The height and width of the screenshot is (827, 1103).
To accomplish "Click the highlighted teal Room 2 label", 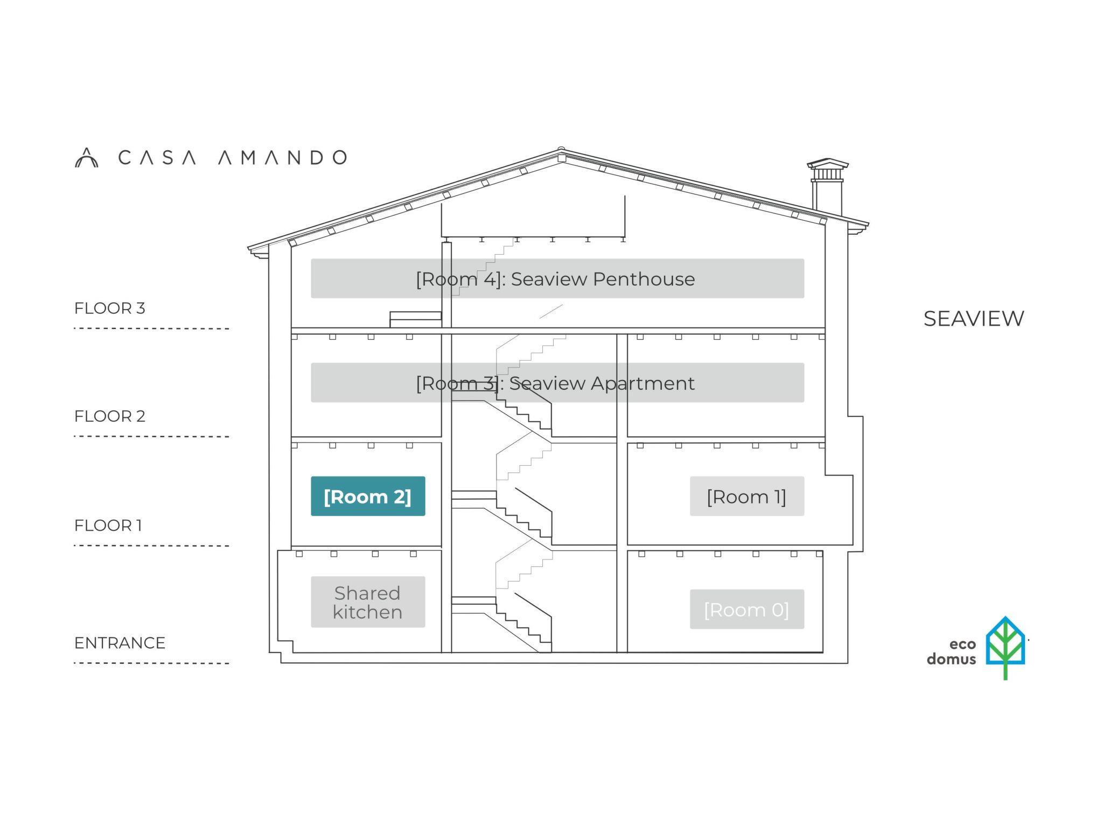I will tap(368, 496).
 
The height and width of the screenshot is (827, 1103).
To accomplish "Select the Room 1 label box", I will tap(746, 496).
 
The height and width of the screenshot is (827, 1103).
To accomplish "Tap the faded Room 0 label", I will tap(746, 609).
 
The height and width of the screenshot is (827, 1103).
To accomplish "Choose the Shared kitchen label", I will tap(368, 602).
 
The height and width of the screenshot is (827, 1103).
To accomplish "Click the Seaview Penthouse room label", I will tap(557, 278).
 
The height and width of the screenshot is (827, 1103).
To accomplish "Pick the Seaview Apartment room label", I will tap(557, 383).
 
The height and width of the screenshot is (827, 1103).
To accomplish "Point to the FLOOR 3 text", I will tap(110, 308).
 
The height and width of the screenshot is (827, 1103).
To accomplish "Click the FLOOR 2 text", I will tap(110, 416).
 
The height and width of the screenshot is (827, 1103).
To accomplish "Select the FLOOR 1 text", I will tap(108, 525).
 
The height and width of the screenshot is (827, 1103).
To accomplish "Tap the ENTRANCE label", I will tap(120, 642).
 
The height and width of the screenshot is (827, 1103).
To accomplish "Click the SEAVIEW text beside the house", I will tap(974, 318).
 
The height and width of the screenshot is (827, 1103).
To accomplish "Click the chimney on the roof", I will tap(827, 186).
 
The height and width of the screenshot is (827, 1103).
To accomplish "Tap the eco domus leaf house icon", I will tap(1005, 647).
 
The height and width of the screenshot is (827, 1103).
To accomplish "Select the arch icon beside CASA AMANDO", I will tap(86, 158).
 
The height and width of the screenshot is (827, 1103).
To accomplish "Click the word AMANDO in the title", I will tap(283, 158).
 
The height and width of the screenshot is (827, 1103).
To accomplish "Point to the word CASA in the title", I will tap(157, 158).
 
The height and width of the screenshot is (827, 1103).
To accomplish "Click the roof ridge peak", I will tap(561, 151).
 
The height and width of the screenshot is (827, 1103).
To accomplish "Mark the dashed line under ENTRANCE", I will tap(151, 663).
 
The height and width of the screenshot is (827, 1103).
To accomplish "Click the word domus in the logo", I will tap(951, 659).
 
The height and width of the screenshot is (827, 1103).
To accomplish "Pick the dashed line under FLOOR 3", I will tap(151, 328).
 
